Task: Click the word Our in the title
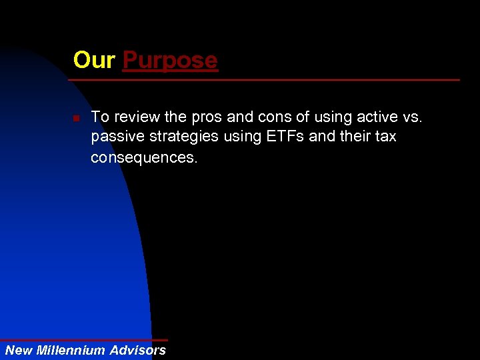click(94, 61)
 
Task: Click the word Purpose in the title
click(170, 61)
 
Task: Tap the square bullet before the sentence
click(77, 118)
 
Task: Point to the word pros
click(205, 118)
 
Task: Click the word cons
click(273, 118)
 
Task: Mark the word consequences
click(144, 157)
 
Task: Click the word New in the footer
click(19, 350)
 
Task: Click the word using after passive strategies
click(243, 137)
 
